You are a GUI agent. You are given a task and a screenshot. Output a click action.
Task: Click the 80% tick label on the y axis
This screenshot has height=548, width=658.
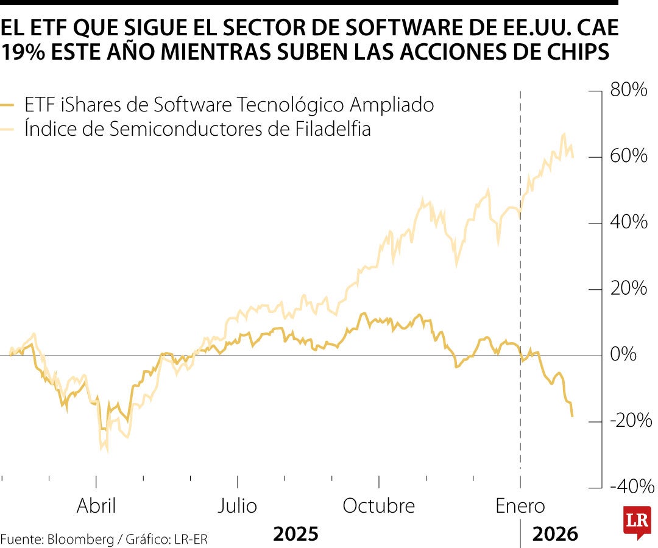[x=629, y=90]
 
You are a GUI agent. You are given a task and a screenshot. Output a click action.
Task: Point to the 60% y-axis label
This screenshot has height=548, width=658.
[x=629, y=156]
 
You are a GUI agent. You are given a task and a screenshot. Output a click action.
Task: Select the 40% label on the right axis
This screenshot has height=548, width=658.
[x=629, y=222]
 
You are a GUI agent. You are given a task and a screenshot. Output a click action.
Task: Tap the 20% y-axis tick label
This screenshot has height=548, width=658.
[x=629, y=288]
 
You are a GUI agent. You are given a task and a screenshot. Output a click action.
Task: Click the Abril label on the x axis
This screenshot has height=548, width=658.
[x=96, y=506]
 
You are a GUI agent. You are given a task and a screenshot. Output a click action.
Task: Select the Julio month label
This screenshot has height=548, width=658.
[x=238, y=506]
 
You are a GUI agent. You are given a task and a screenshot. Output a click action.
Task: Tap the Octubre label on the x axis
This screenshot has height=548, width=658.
[x=378, y=506]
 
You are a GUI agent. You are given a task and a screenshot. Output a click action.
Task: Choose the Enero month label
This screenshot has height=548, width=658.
[x=520, y=506]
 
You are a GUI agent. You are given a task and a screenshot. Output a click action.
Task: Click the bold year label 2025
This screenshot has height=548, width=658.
[x=295, y=535]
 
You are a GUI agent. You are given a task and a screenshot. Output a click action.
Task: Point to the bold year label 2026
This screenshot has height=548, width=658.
[x=555, y=535]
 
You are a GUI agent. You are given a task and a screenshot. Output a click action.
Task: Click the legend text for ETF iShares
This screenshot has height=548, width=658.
[x=229, y=105]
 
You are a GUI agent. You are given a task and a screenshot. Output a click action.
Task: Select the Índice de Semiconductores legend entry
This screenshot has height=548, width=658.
[x=197, y=129]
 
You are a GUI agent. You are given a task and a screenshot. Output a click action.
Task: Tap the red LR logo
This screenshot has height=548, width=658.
[x=637, y=521]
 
